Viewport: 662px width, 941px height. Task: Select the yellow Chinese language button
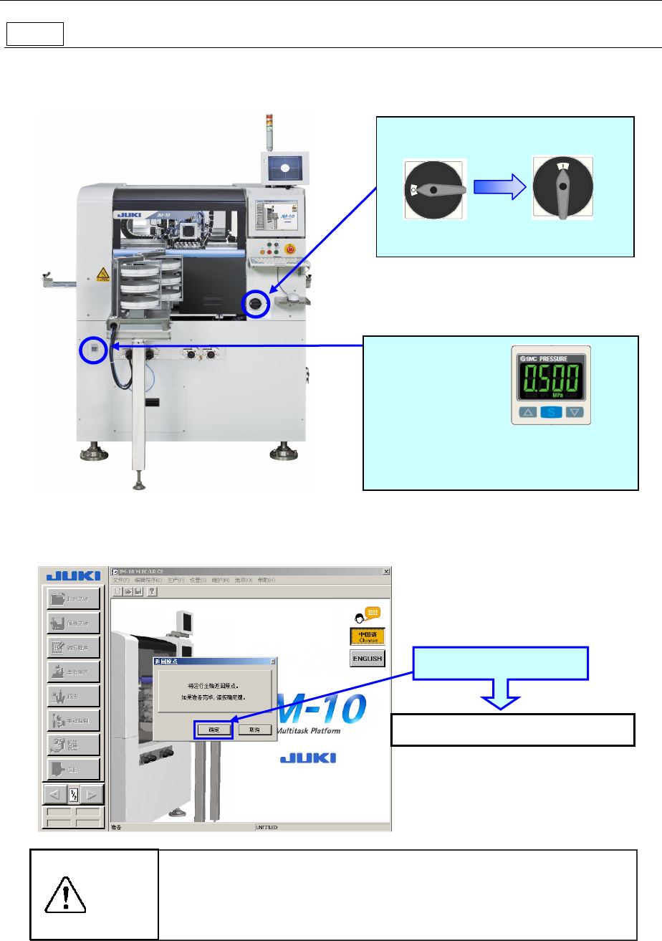click(368, 636)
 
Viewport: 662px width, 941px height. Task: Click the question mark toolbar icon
click(152, 591)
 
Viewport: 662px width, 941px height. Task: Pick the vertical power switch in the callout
click(562, 188)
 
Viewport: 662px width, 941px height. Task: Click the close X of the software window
click(387, 571)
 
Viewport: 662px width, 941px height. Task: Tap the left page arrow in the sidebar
click(54, 795)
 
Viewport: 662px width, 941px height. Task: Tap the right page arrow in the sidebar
click(90, 795)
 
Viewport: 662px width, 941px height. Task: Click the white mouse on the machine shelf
click(293, 295)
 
